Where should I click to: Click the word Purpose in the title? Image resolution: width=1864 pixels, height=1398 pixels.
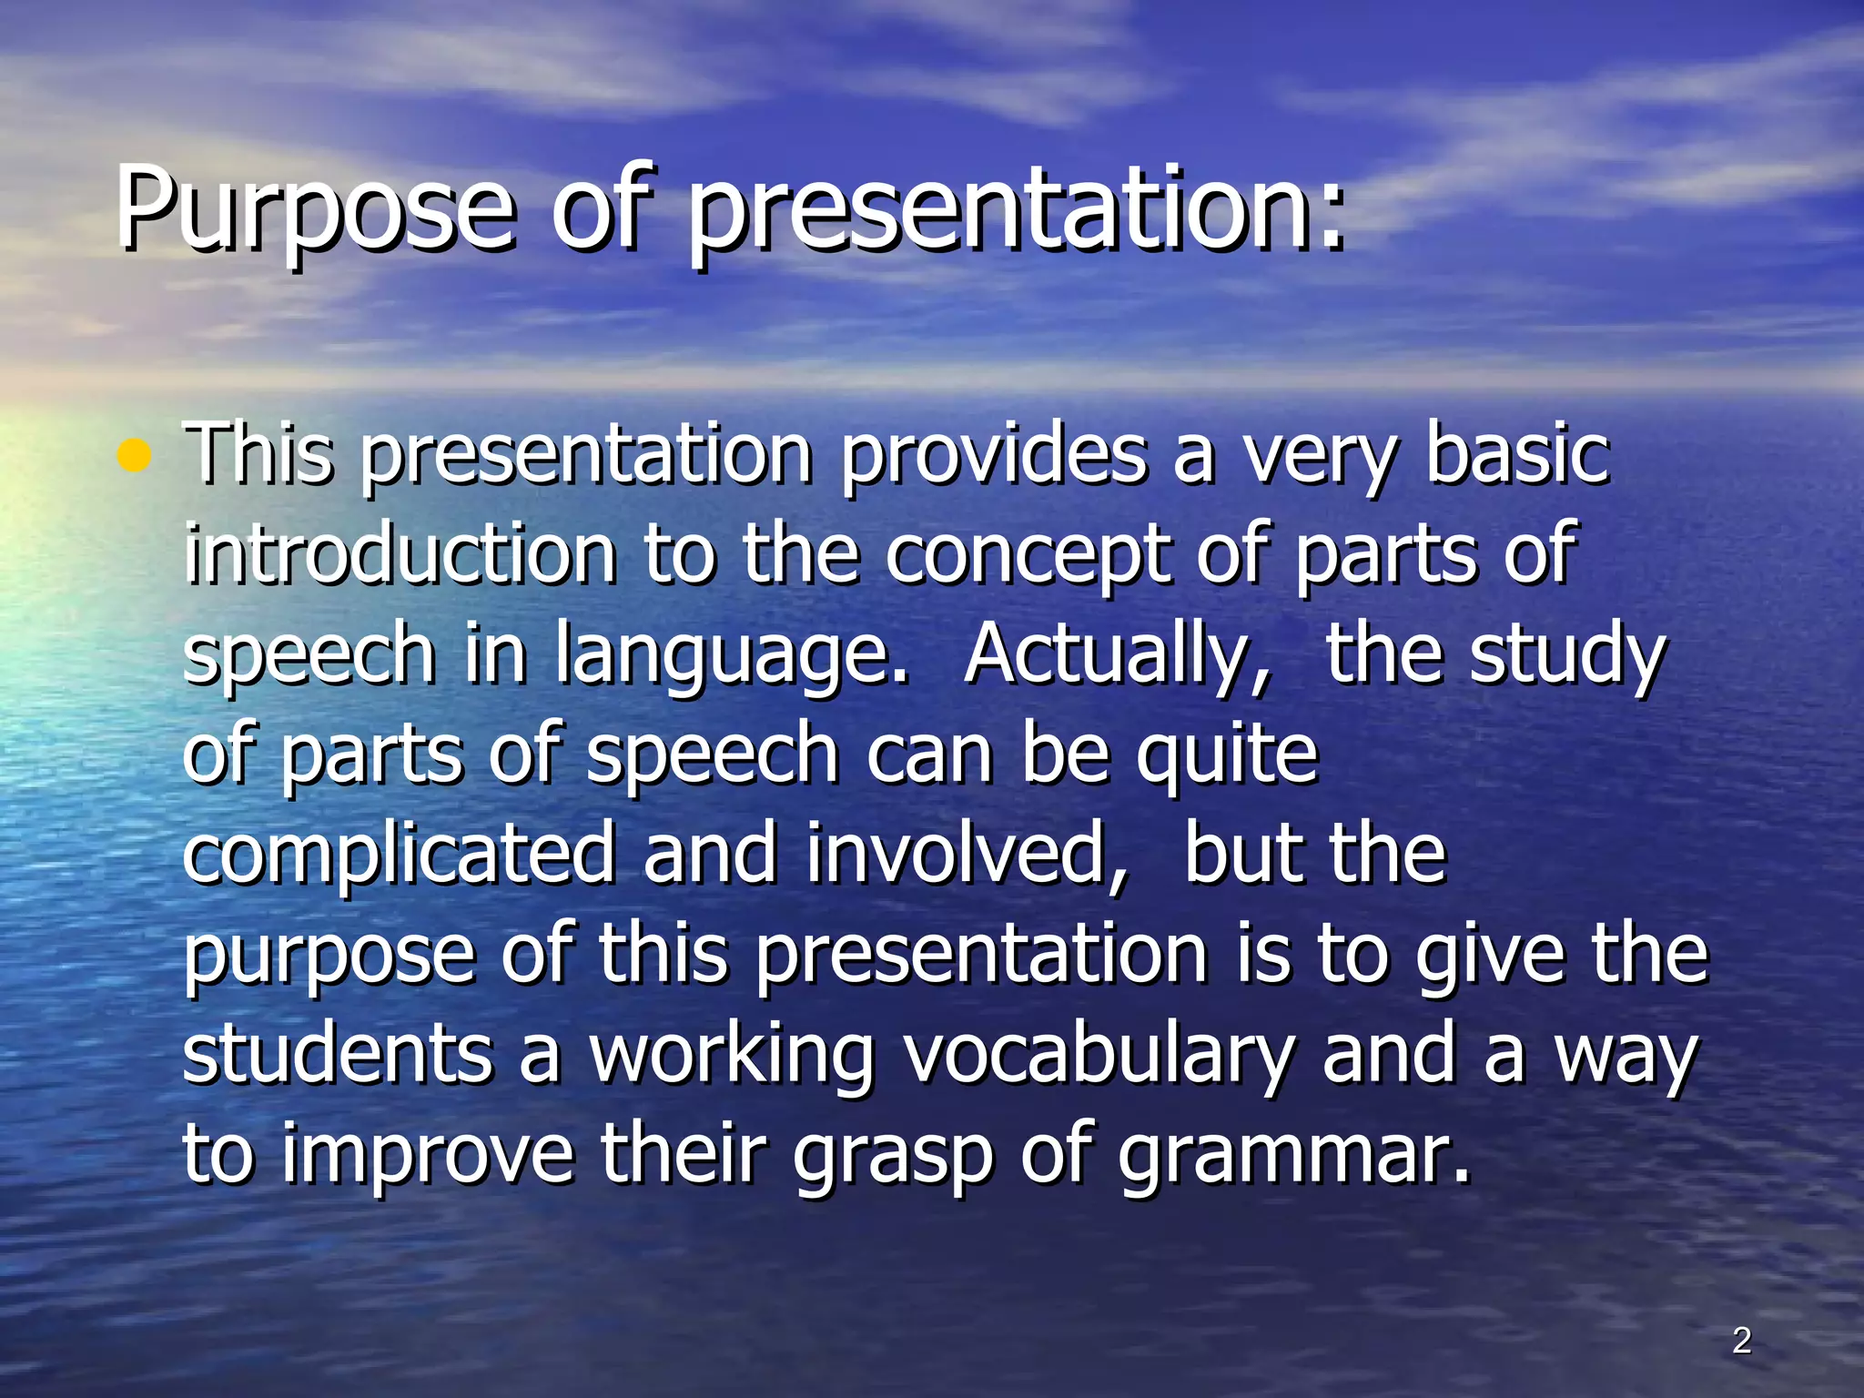(314, 211)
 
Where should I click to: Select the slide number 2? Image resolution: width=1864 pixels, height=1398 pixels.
(1741, 1341)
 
